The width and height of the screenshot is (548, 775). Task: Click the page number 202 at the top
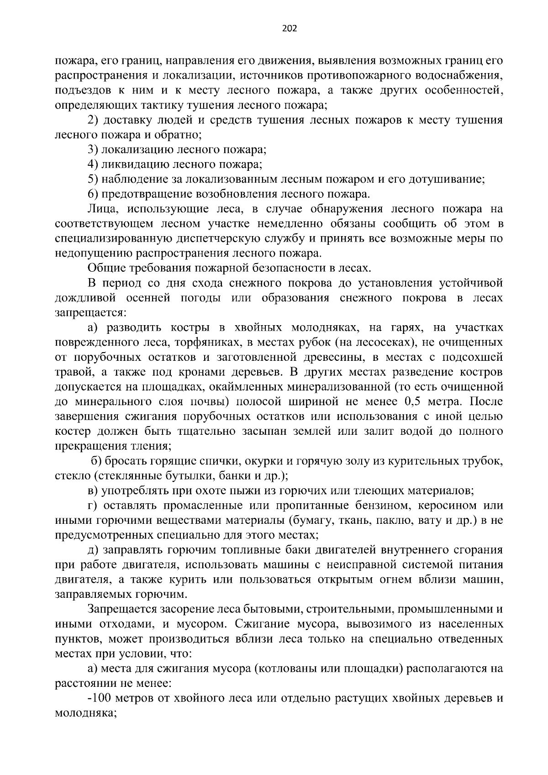[290, 29]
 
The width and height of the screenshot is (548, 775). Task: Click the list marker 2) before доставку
[93, 121]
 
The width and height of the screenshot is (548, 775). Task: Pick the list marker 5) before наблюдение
[93, 179]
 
